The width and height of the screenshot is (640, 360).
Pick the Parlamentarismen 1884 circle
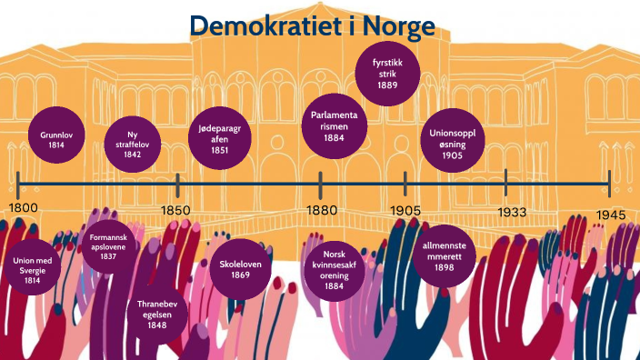pyautogui.click(x=335, y=126)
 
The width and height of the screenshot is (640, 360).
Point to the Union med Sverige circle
pyautogui.click(x=33, y=270)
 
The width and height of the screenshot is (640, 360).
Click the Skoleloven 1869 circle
pyautogui.click(x=240, y=268)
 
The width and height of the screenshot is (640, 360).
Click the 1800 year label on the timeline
pyautogui.click(x=25, y=208)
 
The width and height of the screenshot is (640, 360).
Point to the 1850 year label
pyautogui.click(x=175, y=211)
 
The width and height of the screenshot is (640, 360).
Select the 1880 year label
pyautogui.click(x=322, y=211)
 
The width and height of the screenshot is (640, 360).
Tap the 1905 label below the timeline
pyautogui.click(x=406, y=211)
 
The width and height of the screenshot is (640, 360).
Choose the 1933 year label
pyautogui.click(x=512, y=212)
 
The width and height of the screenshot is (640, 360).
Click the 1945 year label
pyautogui.click(x=612, y=214)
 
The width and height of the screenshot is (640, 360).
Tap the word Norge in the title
pyautogui.click(x=398, y=27)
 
